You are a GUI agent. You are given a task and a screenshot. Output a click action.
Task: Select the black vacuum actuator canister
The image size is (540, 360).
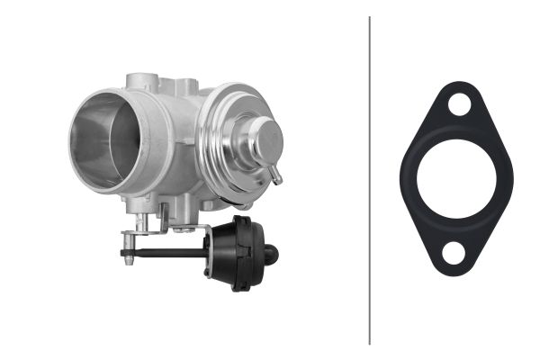click(x=237, y=251)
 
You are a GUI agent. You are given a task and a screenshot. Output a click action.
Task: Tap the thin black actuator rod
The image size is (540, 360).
click(x=171, y=253)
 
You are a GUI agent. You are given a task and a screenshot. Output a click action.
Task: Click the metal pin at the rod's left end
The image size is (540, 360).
click(x=127, y=253)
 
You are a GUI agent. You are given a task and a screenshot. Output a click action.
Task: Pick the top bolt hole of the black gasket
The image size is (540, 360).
click(x=459, y=104)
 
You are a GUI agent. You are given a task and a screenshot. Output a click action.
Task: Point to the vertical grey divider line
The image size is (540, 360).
click(x=369, y=180)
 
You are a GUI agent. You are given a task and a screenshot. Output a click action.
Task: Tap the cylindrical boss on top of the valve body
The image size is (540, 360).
click(x=143, y=84)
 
